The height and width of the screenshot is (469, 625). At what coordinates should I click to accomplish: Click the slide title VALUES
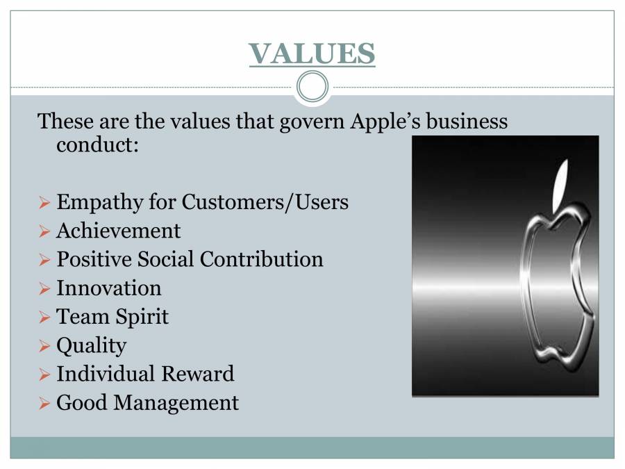click(312, 54)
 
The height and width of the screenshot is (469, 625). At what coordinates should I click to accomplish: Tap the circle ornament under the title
click(312, 87)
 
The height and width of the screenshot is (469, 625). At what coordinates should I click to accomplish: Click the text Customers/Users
click(265, 202)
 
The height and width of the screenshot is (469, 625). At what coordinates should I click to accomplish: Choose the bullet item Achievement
click(118, 231)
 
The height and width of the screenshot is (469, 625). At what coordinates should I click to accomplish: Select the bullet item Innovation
click(108, 288)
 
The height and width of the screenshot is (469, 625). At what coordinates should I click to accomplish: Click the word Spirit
click(141, 317)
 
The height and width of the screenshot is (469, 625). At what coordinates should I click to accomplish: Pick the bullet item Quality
click(91, 345)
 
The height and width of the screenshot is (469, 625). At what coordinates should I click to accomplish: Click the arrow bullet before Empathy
click(44, 204)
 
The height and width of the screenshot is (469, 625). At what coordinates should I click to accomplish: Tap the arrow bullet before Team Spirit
click(44, 318)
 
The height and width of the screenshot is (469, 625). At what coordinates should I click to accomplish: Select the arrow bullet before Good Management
click(44, 404)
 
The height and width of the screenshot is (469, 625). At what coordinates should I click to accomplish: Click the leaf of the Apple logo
click(560, 184)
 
